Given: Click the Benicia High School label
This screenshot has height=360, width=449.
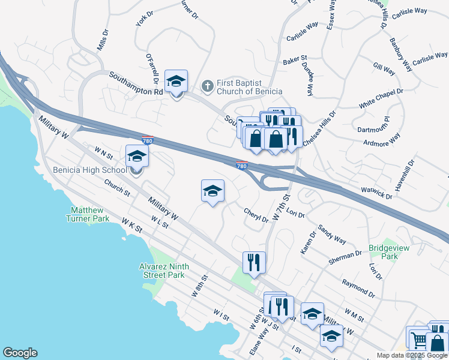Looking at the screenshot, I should point(89,170).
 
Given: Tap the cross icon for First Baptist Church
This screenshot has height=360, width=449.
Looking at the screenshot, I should point(207,86).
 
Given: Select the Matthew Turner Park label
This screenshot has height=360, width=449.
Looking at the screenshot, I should point(89,215).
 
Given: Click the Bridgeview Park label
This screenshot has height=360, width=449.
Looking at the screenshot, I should point(382,251).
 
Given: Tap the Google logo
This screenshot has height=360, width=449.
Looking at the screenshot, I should point(20,353).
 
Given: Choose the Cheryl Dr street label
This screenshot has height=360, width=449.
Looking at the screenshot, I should point(256,215).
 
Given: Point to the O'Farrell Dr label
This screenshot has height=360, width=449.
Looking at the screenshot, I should point(151,67).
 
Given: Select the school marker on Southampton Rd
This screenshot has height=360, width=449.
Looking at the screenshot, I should point(176,82).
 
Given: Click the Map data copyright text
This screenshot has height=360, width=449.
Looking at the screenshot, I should point(412,355).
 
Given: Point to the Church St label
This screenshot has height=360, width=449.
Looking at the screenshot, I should point(118,190).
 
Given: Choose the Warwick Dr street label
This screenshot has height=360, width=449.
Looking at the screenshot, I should point(376,193).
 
